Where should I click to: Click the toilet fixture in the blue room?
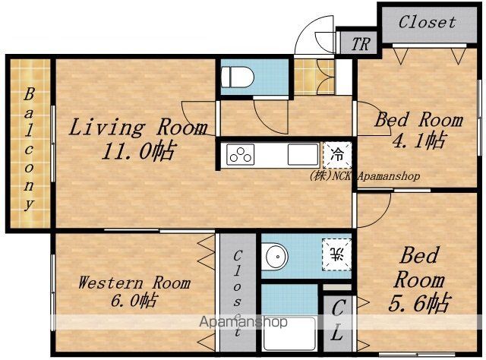[x=238, y=77]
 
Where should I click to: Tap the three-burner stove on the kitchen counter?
[x=240, y=154]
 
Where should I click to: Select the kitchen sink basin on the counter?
[x=303, y=154]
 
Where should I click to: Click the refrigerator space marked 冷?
[x=337, y=154]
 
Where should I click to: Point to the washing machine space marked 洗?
[x=337, y=254]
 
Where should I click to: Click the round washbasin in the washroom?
[x=275, y=257]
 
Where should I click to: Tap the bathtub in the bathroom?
[x=289, y=334]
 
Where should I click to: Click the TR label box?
[x=359, y=44]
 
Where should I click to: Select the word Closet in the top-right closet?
[x=427, y=22]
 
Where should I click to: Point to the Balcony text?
[x=29, y=150]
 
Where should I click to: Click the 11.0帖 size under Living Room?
[x=137, y=150]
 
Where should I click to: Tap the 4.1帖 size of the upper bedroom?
[x=419, y=141]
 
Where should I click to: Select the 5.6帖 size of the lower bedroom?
[x=418, y=303]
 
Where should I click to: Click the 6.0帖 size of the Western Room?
[x=134, y=300]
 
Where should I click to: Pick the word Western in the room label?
[x=111, y=283]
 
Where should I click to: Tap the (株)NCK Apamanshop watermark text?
[x=364, y=176]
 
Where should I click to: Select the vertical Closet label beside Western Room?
[x=238, y=294]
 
